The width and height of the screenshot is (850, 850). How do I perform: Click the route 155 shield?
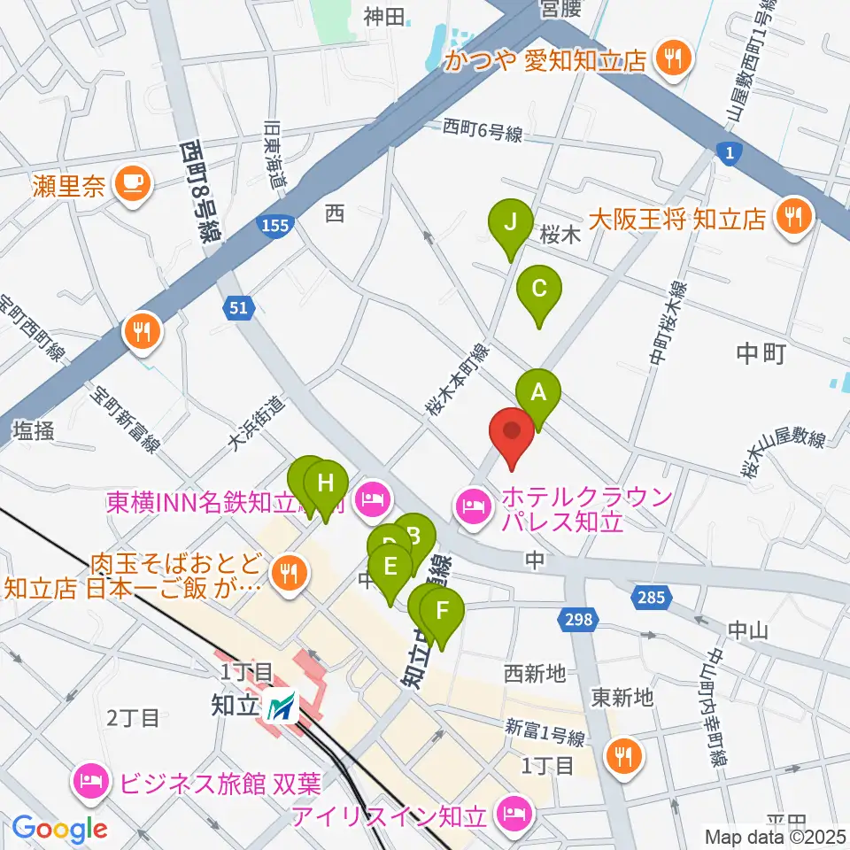pyautogui.click(x=274, y=228)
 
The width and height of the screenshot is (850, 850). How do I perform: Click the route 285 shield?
pyautogui.click(x=650, y=599)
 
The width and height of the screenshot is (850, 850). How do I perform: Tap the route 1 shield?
pyautogui.click(x=729, y=155)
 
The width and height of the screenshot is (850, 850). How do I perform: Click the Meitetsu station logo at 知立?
pyautogui.click(x=284, y=706)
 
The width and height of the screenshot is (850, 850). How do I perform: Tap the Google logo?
pyautogui.click(x=59, y=830)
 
